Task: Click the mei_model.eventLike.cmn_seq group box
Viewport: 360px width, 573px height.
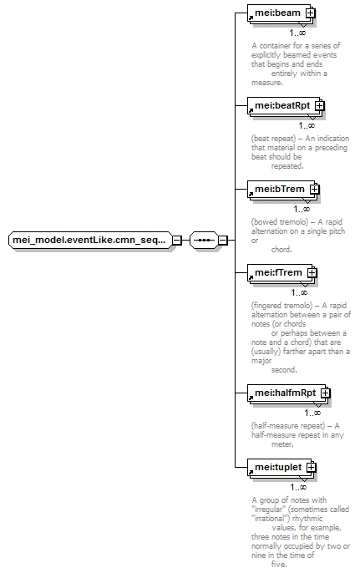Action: [x=90, y=240]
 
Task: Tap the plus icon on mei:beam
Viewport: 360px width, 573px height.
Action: [x=311, y=13]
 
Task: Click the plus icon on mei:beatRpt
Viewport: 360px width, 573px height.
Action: [x=320, y=106]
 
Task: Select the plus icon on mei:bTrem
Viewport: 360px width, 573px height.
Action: [x=315, y=190]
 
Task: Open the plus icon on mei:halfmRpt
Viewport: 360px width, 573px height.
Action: [x=325, y=393]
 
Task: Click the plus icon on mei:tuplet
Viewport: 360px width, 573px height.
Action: [x=312, y=468]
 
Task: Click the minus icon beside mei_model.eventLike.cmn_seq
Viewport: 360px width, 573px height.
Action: [x=177, y=240]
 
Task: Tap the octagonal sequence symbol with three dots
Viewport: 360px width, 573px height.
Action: [x=204, y=240]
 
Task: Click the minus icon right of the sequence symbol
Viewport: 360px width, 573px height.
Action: [x=223, y=240]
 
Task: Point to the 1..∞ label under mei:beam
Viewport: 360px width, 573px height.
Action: [x=297, y=33]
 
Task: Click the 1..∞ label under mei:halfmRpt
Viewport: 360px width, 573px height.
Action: [x=312, y=413]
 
